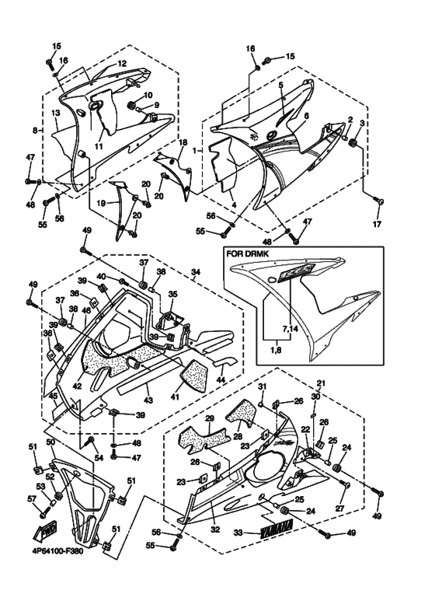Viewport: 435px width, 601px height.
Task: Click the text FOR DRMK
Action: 245,253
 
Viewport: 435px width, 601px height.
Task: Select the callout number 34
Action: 197,272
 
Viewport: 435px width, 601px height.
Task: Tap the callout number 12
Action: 122,63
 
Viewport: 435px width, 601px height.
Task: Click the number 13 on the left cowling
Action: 56,114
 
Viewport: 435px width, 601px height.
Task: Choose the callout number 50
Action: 50,442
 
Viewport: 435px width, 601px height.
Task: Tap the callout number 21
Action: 321,384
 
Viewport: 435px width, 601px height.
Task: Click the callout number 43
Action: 148,400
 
